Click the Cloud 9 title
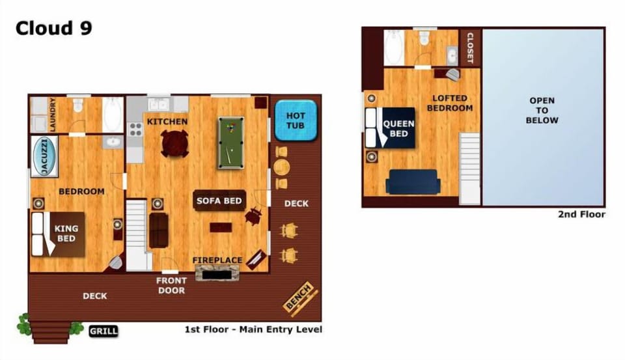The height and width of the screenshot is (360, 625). point(54,28)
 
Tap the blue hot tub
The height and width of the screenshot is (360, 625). point(296,120)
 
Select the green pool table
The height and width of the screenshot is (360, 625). point(230,143)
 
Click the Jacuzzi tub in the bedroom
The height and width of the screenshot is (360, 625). point(45,157)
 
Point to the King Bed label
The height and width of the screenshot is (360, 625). point(66,234)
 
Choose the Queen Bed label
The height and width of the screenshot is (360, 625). point(398,128)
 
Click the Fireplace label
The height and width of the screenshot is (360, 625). point(217,260)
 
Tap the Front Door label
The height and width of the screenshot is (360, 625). point(171,285)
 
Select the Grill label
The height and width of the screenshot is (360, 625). point(104,331)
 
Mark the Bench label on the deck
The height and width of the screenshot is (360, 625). point(298,297)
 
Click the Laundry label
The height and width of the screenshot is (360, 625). point(53,115)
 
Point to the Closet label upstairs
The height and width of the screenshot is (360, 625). point(470,48)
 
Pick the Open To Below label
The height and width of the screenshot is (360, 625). point(542,111)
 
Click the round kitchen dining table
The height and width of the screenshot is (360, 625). point(174,143)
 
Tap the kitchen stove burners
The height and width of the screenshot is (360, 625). point(135,130)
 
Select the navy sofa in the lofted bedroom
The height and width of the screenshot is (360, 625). point(413,182)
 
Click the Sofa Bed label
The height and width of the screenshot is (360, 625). point(219,201)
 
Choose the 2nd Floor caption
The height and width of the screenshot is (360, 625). point(581,214)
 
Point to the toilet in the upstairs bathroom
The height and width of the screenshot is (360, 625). point(424,37)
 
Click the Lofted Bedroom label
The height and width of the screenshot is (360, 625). point(450,103)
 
